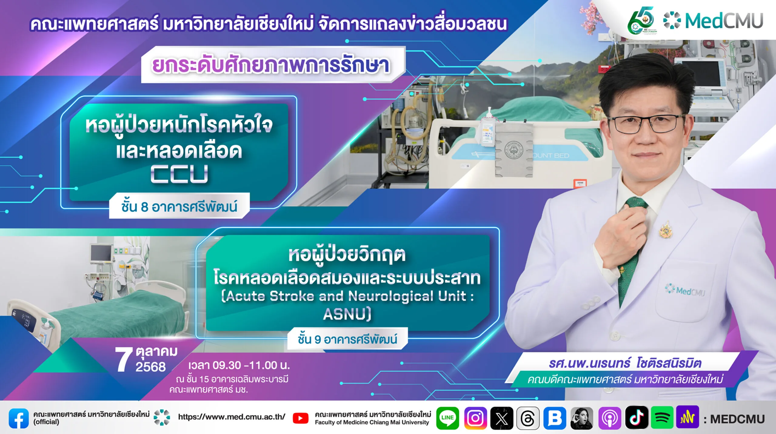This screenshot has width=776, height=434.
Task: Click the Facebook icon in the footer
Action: (19, 418)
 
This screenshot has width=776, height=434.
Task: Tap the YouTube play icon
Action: (300, 418)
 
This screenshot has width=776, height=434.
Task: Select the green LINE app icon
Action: (447, 418)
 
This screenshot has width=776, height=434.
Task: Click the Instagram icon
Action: (475, 418)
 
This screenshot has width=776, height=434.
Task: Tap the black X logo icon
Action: (502, 418)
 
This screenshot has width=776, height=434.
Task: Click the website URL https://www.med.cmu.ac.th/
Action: (232, 417)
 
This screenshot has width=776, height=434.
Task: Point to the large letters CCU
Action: (179, 174)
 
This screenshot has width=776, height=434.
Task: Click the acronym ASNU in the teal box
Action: (347, 314)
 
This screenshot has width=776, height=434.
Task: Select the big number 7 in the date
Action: (123, 359)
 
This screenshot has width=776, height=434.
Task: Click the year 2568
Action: (151, 367)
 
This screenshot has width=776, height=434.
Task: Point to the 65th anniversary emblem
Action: (641, 21)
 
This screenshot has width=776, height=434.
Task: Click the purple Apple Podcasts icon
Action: (610, 418)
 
